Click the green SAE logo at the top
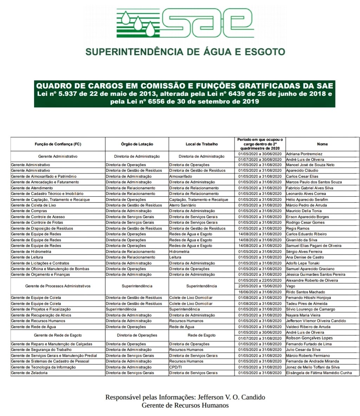(185, 24)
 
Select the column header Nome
(322, 144)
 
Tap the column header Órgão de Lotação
(137, 144)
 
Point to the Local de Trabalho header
(202, 144)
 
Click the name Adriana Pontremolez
(304, 154)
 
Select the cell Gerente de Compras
(29, 211)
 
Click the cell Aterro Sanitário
(183, 205)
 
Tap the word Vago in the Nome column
(290, 286)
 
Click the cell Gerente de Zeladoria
(29, 373)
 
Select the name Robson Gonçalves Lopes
(309, 338)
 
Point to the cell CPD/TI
(176, 367)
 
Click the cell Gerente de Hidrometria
(31, 251)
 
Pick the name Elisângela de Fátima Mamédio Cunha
(319, 373)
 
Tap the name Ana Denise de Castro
(305, 257)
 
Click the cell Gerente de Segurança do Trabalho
(41, 350)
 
